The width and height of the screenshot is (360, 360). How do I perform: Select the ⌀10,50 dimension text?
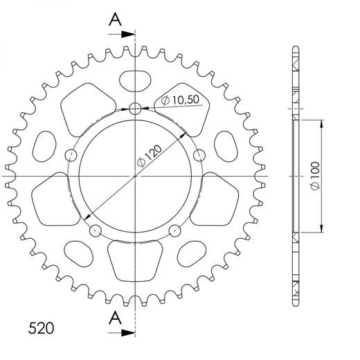[180, 101]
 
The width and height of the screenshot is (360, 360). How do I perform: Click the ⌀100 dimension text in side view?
[315, 177]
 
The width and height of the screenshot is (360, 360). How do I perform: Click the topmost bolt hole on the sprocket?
[134, 107]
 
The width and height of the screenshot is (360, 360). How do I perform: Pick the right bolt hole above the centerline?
[199, 154]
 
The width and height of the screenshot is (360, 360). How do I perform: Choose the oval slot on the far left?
[43, 146]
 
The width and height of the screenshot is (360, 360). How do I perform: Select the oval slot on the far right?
[226, 146]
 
